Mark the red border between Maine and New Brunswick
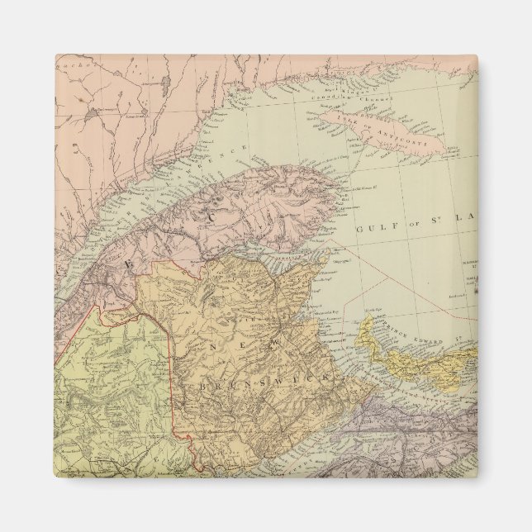(172, 363)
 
